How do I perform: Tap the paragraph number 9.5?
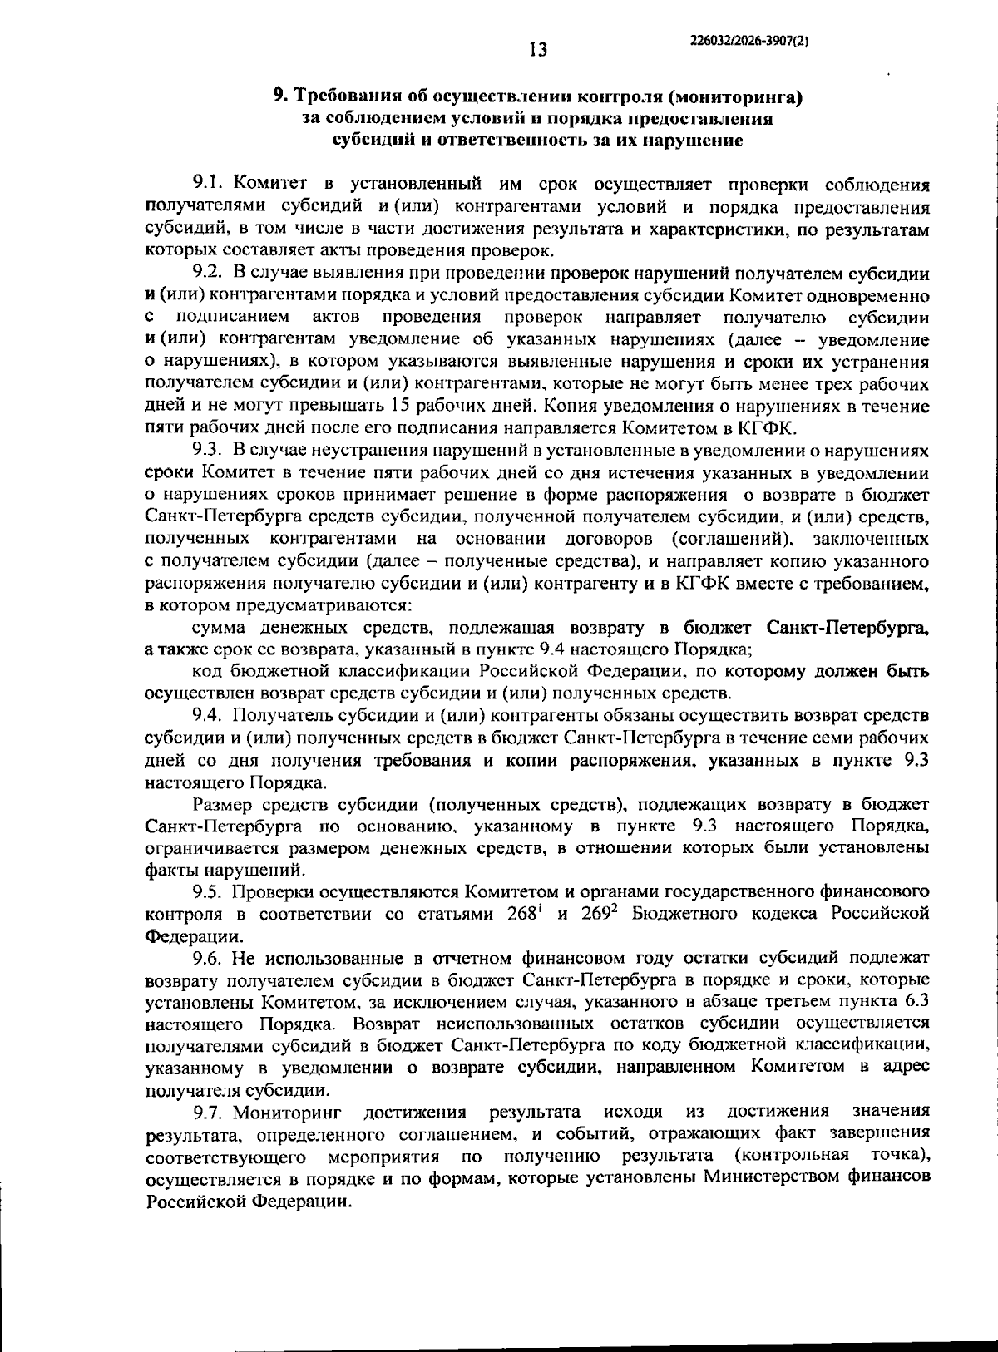pyautogui.click(x=209, y=891)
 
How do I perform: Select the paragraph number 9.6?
pyautogui.click(x=209, y=958)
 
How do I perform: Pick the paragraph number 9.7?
pyautogui.click(x=209, y=1112)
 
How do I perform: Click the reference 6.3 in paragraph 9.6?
pyautogui.click(x=912, y=1001)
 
